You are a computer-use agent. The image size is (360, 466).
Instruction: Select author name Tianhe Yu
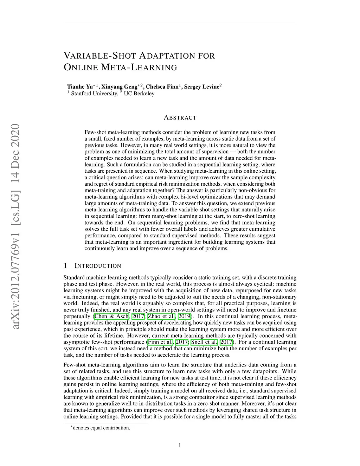click(x=80, y=87)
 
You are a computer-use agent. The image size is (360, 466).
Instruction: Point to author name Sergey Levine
click(x=201, y=87)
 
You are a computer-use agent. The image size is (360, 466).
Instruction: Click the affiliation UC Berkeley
click(x=139, y=94)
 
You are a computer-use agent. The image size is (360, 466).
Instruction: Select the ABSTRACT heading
click(x=180, y=117)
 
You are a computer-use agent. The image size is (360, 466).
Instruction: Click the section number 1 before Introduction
click(x=65, y=266)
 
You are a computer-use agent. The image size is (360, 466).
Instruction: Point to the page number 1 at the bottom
click(x=180, y=446)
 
